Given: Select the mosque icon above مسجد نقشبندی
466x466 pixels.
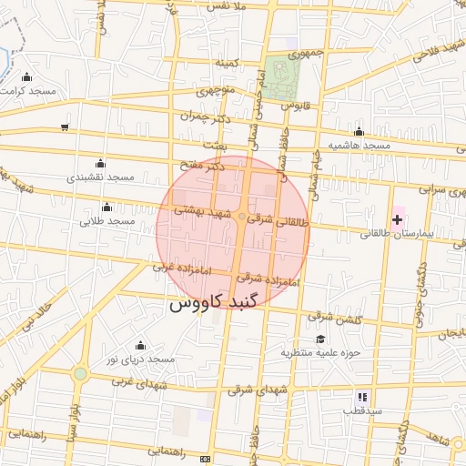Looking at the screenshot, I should click(99, 162).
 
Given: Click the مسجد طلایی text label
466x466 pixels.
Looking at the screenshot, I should click(106, 221).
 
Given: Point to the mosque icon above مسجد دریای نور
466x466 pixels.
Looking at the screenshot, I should click(140, 345).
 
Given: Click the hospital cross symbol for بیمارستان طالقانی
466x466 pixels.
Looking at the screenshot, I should click(397, 219).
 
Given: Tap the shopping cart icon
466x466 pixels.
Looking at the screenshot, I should click(64, 127).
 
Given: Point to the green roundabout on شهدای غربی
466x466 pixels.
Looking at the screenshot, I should click(80, 373).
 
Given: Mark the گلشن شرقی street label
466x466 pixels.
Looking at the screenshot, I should click(334, 319).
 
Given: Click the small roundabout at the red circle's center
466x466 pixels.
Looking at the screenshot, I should click(241, 217).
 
